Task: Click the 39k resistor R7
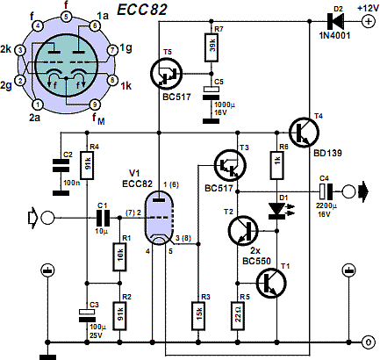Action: tap(211, 46)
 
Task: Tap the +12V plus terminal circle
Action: tap(369, 22)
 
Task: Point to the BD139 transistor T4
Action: tap(304, 133)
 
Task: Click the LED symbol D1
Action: tap(276, 211)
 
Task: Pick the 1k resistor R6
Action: tap(276, 164)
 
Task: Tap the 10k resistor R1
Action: tap(119, 256)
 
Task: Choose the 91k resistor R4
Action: tap(87, 165)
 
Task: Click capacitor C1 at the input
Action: tap(103, 218)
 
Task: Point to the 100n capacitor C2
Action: tap(61, 165)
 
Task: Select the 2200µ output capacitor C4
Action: tap(326, 191)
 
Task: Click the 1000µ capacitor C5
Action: tap(211, 94)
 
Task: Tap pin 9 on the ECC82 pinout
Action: tap(95, 104)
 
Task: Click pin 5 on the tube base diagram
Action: tap(66, 17)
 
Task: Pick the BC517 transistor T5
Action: tap(166, 73)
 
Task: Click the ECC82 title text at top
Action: tap(142, 10)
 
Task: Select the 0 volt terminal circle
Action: tap(369, 342)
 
